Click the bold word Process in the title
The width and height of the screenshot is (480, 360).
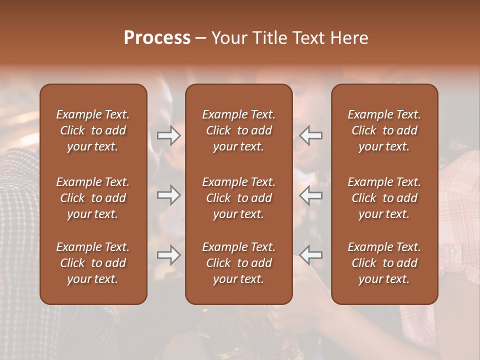click(157, 38)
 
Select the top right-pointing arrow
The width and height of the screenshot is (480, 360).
click(169, 135)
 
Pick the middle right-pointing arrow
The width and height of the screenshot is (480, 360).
click(169, 195)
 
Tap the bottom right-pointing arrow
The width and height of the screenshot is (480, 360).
click(169, 255)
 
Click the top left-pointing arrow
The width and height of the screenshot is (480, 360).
click(311, 135)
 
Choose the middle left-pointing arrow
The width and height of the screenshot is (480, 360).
click(311, 195)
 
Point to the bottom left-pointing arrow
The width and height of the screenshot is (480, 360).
click(311, 255)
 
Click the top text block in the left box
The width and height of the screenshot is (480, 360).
click(93, 130)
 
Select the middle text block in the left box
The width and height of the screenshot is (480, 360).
click(93, 198)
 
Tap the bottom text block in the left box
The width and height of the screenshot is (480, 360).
click(93, 263)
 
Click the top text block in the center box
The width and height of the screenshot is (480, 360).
click(238, 130)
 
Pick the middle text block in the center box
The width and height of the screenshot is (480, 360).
click(238, 198)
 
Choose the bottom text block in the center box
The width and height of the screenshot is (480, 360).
click(238, 263)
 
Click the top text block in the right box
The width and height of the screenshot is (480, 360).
click(384, 130)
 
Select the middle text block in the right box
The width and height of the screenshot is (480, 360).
click(384, 198)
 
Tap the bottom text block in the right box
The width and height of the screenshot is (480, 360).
click(384, 263)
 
